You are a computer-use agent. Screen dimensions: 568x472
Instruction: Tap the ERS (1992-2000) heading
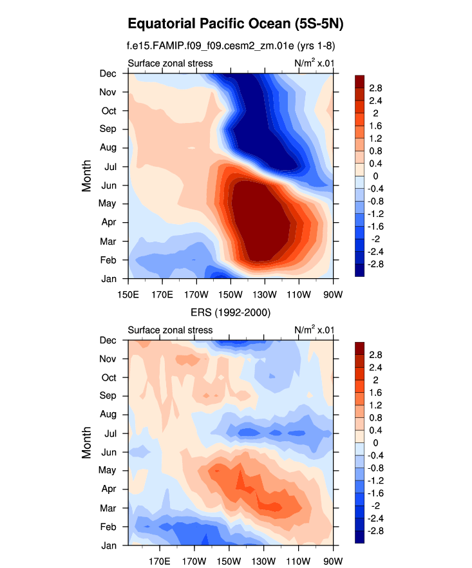tap(230, 313)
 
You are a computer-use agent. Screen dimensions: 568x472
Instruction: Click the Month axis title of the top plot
tap(87, 176)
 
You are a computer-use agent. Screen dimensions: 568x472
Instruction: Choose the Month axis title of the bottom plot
tap(87, 442)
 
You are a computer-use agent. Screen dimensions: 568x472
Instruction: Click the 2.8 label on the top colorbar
tap(376, 88)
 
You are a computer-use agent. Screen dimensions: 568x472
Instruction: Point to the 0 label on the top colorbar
tap(372, 176)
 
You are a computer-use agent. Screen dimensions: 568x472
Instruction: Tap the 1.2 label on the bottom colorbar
tap(376, 405)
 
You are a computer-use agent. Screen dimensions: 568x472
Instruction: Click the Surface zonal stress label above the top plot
tap(170, 63)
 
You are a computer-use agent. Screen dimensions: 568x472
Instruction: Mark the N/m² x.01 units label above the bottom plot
tap(314, 330)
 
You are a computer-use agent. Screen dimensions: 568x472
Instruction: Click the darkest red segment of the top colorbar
tap(361, 80)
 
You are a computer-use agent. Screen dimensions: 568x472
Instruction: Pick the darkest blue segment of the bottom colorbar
tap(361, 538)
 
